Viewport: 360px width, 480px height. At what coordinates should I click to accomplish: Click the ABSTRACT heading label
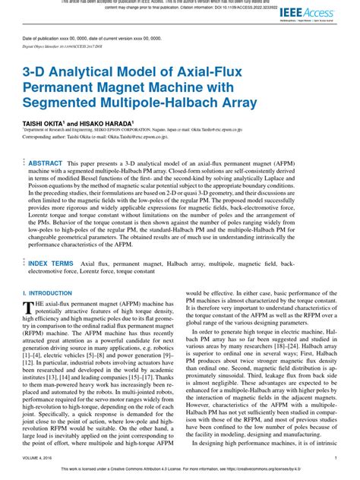pyautogui.click(x=45, y=163)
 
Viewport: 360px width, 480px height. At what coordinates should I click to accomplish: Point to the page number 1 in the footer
pyautogui.click(x=336, y=459)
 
